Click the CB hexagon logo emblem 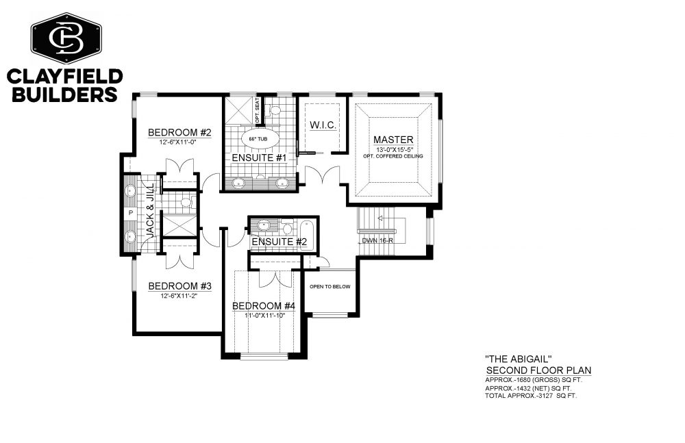pos(66,38)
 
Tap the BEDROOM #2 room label pos(179,132)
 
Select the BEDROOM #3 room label pos(179,286)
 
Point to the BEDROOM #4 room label pos(264,306)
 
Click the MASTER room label pos(393,140)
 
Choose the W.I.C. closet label pos(323,125)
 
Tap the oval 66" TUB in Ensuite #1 pos(258,139)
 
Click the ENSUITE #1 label pos(259,157)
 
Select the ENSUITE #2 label pos(279,242)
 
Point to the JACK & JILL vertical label pos(150,211)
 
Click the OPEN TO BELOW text pos(330,287)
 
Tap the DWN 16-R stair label pos(375,241)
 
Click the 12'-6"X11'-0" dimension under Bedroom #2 pos(179,142)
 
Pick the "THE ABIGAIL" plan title pos(516,359)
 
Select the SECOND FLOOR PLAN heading pos(539,370)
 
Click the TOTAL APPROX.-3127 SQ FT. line pos(531,396)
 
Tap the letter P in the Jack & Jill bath pos(130,213)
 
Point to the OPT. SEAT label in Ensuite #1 pos(258,110)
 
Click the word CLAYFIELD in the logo pos(64,77)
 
